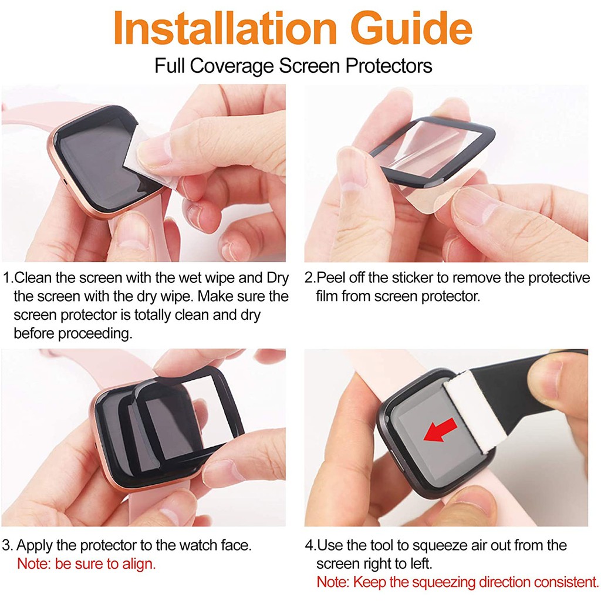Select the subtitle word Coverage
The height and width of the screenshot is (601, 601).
click(238, 65)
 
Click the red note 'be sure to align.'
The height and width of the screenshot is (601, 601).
click(86, 564)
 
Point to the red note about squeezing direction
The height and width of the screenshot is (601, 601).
click(457, 582)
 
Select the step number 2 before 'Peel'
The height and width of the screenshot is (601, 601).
click(309, 278)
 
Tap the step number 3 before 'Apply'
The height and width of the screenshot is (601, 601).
click(6, 545)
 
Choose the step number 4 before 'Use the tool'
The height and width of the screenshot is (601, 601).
click(309, 545)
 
